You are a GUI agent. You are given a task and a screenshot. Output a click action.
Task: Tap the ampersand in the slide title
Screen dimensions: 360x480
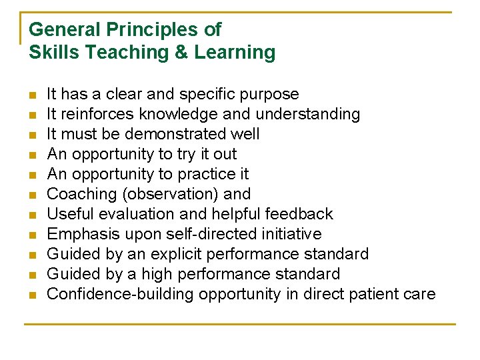[181, 53]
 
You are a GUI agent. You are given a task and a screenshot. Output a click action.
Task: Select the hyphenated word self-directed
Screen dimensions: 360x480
[202, 234]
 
